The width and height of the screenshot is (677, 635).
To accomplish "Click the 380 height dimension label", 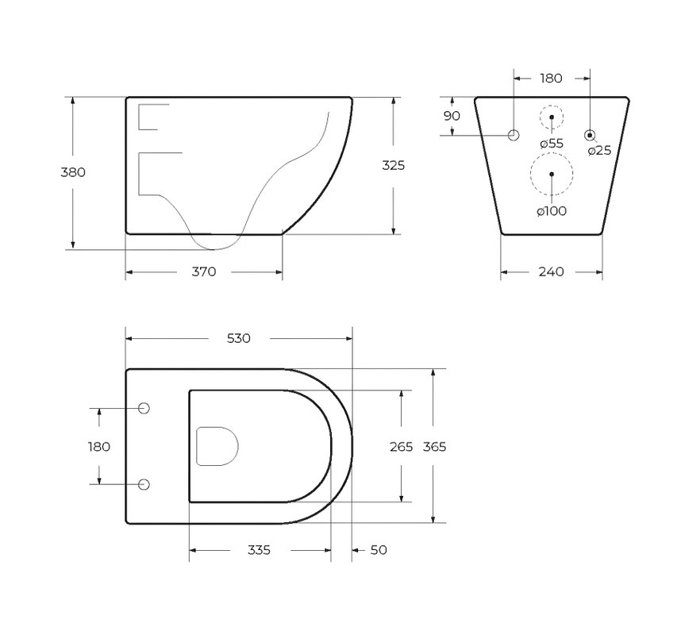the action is pyautogui.click(x=73, y=172).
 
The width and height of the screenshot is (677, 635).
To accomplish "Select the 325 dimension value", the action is pyautogui.click(x=394, y=165).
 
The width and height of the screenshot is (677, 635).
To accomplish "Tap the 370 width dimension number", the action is pyautogui.click(x=204, y=271).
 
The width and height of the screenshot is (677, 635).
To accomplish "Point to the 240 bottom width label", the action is pyautogui.click(x=552, y=271).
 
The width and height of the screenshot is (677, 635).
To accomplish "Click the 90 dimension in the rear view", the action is pyautogui.click(x=452, y=116).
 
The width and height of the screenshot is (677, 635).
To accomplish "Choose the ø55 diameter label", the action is pyautogui.click(x=552, y=144).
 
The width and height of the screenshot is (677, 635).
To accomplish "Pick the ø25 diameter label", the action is pyautogui.click(x=600, y=150).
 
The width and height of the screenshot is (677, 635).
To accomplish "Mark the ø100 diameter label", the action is pyautogui.click(x=552, y=211).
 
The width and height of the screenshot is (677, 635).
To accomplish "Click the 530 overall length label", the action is pyautogui.click(x=239, y=338).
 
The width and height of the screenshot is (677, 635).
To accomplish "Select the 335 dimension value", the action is pyautogui.click(x=259, y=550).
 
